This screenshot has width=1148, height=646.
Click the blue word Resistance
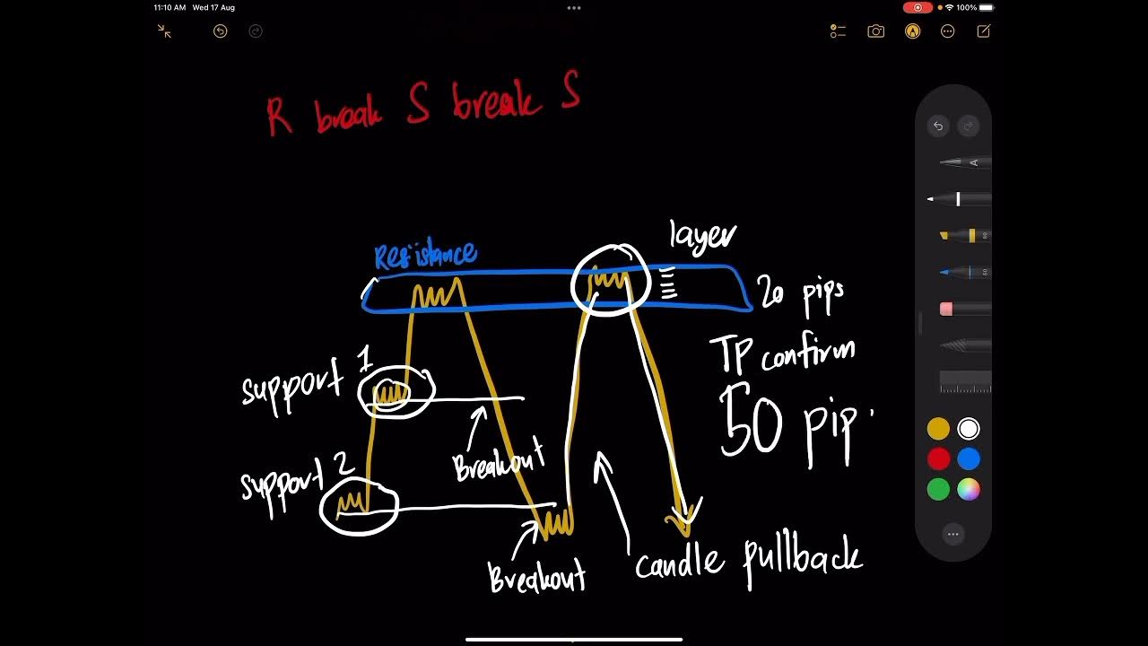[425, 255]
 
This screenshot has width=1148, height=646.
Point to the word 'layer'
[703, 236]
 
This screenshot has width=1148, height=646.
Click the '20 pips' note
[800, 293]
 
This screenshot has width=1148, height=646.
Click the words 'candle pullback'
[749, 561]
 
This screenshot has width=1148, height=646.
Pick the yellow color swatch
[938, 429]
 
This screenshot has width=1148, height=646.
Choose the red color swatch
[938, 459]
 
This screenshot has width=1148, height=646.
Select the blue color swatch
[969, 459]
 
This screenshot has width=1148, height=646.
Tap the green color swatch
[938, 490]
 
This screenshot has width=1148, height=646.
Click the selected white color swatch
[969, 429]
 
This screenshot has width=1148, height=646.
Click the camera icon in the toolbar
[875, 31]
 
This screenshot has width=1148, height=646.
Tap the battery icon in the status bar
[987, 7]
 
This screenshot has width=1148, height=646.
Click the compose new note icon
[983, 31]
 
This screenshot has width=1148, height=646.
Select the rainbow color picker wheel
[969, 490]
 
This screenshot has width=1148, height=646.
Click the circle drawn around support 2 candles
[359, 507]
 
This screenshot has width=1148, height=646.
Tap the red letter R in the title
[279, 117]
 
